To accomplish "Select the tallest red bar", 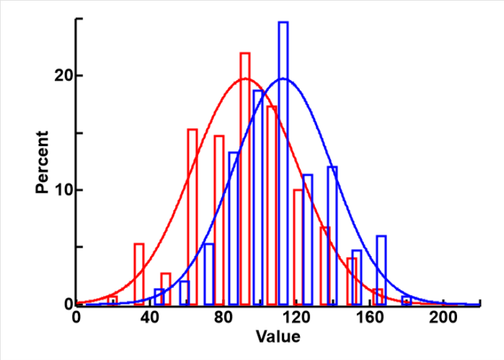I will [245, 178].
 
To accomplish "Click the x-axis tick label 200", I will [443, 316].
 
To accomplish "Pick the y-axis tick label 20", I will [63, 76].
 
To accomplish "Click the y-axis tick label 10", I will [63, 190].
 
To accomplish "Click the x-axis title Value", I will [279, 338].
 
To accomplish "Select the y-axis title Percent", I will [43, 162].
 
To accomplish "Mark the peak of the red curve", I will [245, 79].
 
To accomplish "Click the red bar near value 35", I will [139, 273].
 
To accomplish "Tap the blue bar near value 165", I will [380, 270].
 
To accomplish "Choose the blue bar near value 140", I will [332, 234].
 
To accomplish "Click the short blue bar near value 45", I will [159, 296].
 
